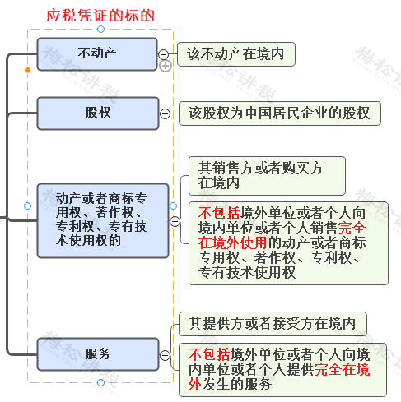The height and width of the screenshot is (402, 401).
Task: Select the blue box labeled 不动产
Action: (97, 53)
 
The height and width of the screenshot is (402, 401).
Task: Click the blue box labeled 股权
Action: (97, 113)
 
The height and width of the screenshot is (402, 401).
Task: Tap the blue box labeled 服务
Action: (97, 354)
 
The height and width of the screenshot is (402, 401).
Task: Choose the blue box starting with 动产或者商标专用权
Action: (102, 219)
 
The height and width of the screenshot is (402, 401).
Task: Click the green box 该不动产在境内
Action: (235, 53)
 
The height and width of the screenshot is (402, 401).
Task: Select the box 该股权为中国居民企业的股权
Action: (279, 113)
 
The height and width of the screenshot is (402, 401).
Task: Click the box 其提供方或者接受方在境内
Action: (272, 323)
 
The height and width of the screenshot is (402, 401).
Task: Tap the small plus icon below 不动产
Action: (165, 67)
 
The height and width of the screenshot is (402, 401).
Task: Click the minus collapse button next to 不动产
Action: (164, 53)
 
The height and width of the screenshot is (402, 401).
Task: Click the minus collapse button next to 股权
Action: (165, 113)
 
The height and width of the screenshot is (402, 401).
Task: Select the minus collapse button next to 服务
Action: (164, 354)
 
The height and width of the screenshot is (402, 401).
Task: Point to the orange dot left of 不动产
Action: (28, 70)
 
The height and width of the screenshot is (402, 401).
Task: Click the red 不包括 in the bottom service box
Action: (208, 354)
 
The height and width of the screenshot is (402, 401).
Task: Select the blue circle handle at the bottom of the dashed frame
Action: (100, 382)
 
